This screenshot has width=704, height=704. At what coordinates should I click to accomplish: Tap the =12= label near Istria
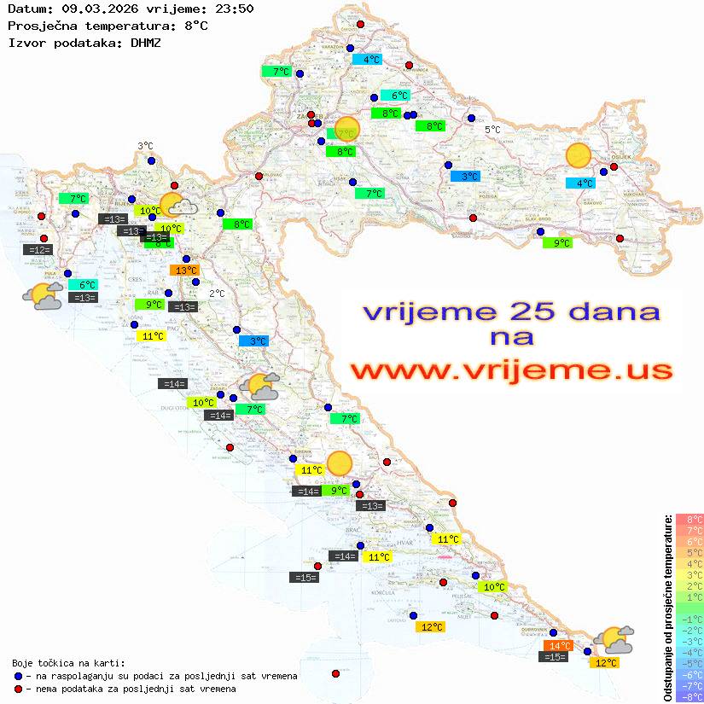coord(39,249)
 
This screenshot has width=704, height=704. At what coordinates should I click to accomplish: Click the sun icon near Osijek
coord(579,155)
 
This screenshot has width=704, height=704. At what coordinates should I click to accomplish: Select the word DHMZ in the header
coord(145,42)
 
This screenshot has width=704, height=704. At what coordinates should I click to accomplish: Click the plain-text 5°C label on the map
coord(493,130)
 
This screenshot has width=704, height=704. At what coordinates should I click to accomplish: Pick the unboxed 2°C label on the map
coord(217,294)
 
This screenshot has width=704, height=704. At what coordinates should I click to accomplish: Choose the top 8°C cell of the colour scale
coord(689,519)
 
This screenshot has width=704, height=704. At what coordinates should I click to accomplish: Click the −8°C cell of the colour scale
coord(689,696)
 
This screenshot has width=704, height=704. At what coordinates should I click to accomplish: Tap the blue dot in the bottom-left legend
coord(19,676)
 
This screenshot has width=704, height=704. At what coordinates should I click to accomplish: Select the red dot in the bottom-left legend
coord(19,689)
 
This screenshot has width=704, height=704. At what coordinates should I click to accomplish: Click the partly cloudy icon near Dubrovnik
coord(614,639)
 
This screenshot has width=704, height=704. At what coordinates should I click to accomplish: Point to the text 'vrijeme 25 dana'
coord(511,311)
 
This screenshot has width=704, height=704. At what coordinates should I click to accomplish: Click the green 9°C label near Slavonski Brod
coord(557,242)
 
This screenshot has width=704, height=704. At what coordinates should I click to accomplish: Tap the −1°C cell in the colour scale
coord(689,619)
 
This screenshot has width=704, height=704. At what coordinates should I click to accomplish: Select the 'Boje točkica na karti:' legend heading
coord(68,662)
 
